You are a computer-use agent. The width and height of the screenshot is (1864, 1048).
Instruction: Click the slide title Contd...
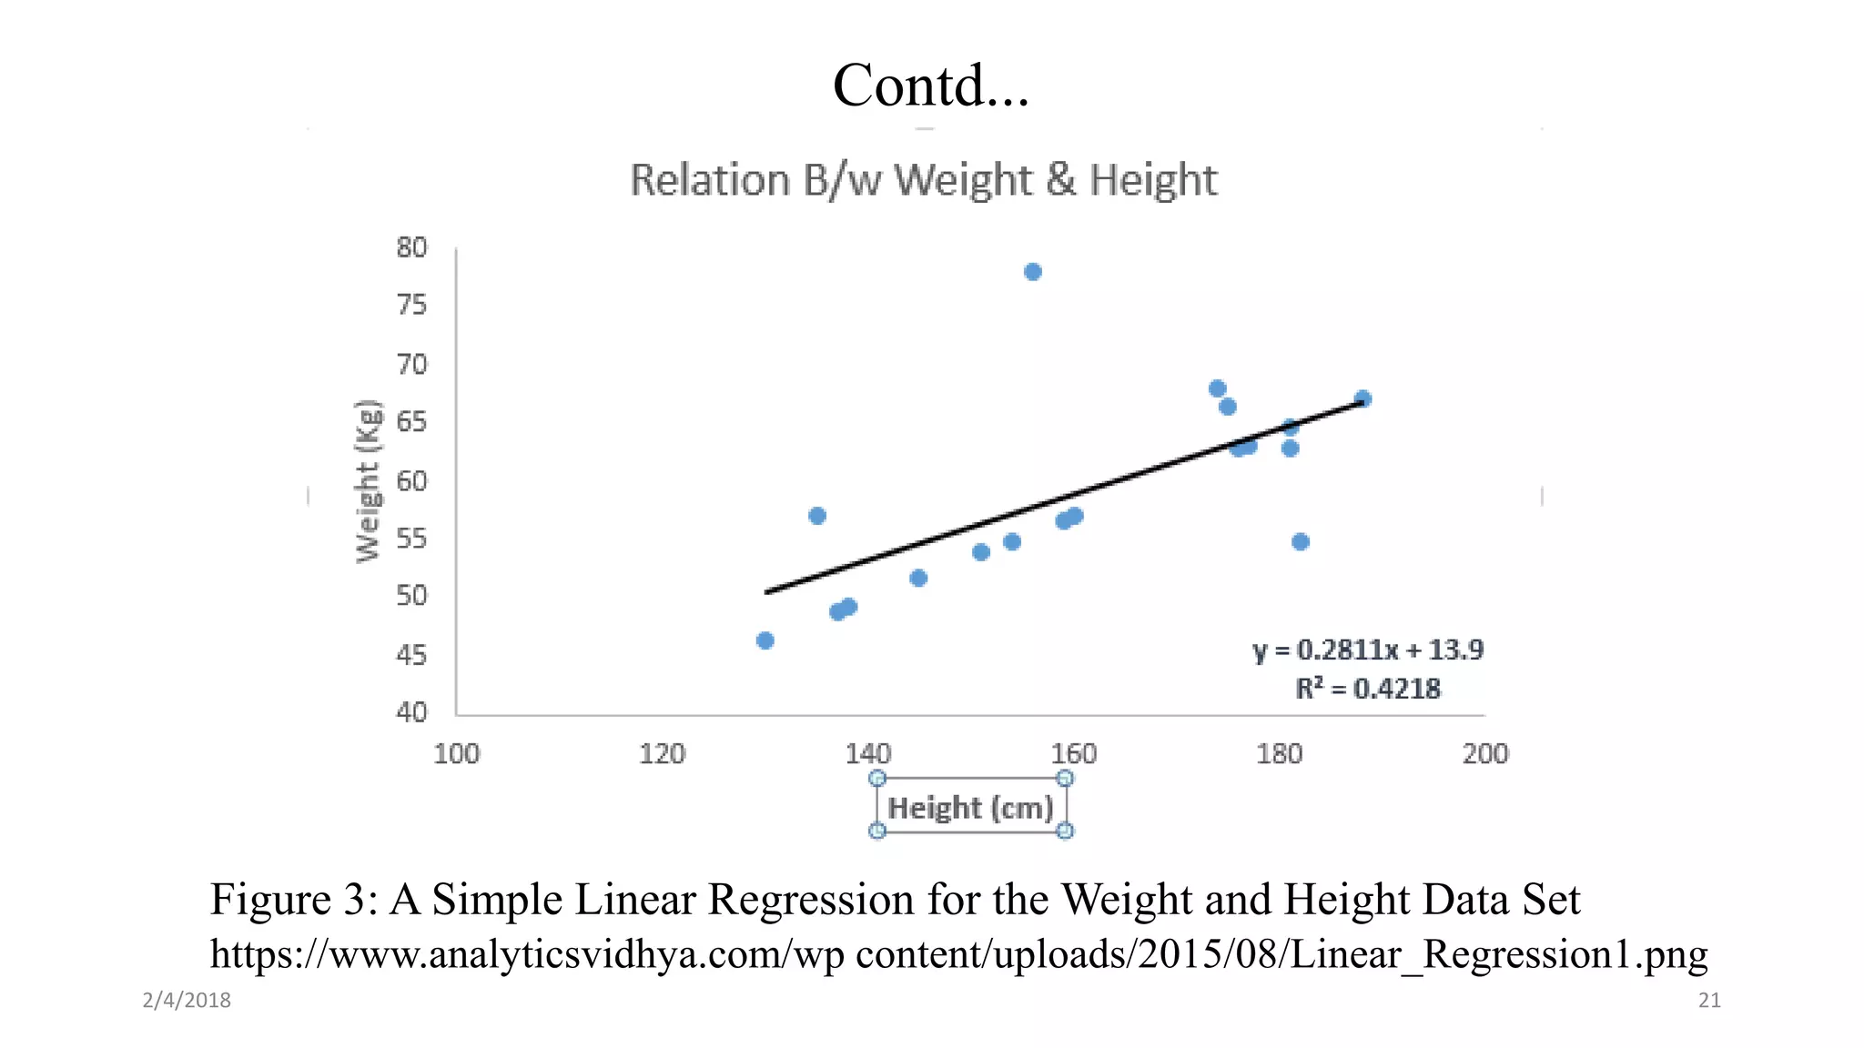pyautogui.click(x=930, y=86)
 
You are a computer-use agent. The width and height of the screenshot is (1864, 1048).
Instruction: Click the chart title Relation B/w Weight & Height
pyautogui.click(x=923, y=180)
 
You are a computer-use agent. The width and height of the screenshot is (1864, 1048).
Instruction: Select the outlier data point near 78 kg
pyautogui.click(x=1032, y=272)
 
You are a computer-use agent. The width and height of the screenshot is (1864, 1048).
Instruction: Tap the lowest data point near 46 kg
pyautogui.click(x=765, y=640)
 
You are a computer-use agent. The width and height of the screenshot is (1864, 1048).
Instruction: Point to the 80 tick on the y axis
pyautogui.click(x=411, y=247)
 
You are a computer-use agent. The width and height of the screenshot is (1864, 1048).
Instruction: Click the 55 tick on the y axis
pyautogui.click(x=411, y=539)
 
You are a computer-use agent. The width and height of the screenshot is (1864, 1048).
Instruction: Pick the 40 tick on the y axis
pyautogui.click(x=411, y=711)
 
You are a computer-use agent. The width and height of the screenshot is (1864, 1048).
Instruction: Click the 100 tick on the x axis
pyautogui.click(x=456, y=753)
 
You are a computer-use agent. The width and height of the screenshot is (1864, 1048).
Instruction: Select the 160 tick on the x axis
pyautogui.click(x=1073, y=753)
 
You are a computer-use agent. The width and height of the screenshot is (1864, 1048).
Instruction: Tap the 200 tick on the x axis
pyautogui.click(x=1484, y=753)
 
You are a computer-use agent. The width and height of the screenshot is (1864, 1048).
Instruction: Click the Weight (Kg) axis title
pyautogui.click(x=368, y=480)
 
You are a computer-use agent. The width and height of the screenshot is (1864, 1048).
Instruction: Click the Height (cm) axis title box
pyautogui.click(x=970, y=807)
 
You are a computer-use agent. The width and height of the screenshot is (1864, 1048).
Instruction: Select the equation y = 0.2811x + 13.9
pyautogui.click(x=1367, y=650)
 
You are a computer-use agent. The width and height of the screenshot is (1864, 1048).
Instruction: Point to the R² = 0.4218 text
pyautogui.click(x=1367, y=689)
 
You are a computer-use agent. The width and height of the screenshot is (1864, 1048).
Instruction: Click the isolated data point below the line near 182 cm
pyautogui.click(x=1300, y=542)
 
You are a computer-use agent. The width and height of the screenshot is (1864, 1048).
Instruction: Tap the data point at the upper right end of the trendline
pyautogui.click(x=1363, y=398)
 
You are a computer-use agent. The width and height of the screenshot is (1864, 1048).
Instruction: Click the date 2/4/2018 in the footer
pyautogui.click(x=187, y=1000)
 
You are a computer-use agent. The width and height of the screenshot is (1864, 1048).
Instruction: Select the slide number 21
pyautogui.click(x=1709, y=1000)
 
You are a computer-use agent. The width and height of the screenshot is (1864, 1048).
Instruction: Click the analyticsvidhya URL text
pyautogui.click(x=957, y=954)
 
